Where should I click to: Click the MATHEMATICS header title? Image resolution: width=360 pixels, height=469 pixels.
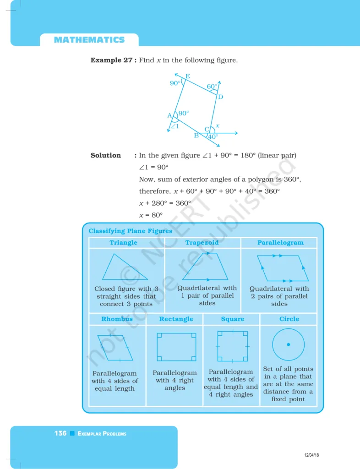coord(89,40)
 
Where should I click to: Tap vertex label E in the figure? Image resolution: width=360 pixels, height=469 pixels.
coord(188,76)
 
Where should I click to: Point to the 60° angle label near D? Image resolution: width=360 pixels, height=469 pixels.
coord(212,87)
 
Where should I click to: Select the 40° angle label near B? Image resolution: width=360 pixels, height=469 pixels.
coord(213,136)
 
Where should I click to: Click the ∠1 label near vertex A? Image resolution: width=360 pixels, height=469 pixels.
coord(175,126)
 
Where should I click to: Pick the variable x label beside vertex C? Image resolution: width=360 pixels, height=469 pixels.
coord(218,125)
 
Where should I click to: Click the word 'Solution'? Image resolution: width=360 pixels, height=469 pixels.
coord(106,155)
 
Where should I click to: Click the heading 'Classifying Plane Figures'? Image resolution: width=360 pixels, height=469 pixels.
coord(130,231)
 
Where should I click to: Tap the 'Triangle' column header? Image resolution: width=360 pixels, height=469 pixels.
coord(123,243)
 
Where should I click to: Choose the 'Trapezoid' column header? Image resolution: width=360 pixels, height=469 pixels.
coord(202,243)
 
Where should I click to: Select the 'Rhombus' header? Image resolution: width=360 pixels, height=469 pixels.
coord(117,319)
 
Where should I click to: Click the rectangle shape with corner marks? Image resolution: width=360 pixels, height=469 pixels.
coord(176,347)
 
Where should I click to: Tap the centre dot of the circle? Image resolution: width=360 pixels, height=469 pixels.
coord(288,344)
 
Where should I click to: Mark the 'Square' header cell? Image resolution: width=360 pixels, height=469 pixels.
coord(232,319)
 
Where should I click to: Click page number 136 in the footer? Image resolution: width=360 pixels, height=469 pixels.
coord(60,433)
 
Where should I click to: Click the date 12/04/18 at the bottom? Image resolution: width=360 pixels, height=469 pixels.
coord(312,455)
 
